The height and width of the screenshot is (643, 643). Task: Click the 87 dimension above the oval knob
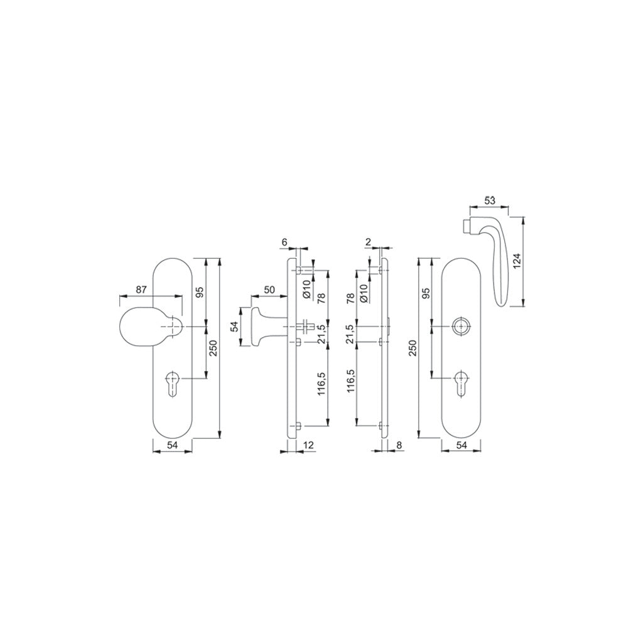click(141, 290)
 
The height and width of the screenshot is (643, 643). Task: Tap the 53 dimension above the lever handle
click(490, 201)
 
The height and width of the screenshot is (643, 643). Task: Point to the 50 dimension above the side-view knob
click(269, 289)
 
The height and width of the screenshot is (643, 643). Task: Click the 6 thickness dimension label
click(284, 242)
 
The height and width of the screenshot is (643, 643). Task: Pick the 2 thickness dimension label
click(368, 242)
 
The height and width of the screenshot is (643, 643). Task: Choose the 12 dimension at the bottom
click(308, 445)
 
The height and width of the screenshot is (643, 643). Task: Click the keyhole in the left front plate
click(172, 383)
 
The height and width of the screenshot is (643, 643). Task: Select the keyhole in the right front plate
click(462, 383)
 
